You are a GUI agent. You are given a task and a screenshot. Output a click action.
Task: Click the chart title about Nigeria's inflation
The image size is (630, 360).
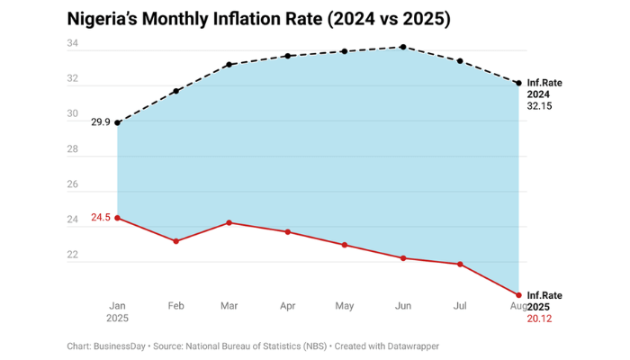coord(259,18)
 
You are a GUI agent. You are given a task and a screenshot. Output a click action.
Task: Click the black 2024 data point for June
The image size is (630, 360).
coord(403,47)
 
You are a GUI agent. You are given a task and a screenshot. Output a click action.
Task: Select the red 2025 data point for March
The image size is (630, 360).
coord(229,222)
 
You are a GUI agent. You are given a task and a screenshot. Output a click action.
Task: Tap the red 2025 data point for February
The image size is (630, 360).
coord(175,241)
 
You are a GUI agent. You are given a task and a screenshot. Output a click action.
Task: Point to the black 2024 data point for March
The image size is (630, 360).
coord(229,65)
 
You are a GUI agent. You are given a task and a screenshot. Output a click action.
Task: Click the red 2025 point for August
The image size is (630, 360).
coord(519,295)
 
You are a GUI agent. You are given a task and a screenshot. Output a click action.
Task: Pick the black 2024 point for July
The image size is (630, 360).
coord(460,61)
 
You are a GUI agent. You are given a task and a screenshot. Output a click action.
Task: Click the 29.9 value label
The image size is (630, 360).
coord(100,122)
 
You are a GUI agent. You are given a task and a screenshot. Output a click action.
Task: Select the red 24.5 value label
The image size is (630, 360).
coord(100,218)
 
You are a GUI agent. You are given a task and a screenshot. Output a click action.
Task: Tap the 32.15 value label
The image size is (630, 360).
coord(539,105)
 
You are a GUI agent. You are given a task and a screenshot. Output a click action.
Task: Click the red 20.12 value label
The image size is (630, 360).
coord(539,318)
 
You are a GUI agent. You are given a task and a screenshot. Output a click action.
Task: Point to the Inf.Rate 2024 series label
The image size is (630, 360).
coord(544,88)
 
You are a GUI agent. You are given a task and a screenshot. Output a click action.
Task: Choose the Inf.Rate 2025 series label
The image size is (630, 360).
coord(544,301)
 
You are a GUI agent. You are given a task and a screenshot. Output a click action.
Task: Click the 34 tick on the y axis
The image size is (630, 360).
coord(72,44)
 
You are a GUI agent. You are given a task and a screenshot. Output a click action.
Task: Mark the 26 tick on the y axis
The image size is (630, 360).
coord(72,184)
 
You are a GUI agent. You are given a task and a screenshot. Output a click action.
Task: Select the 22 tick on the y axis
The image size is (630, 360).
coord(72,255)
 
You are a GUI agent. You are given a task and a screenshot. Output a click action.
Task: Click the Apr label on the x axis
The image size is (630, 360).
coord(288,307)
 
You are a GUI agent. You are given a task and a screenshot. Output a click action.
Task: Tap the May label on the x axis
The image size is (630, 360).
coord(345,307)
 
